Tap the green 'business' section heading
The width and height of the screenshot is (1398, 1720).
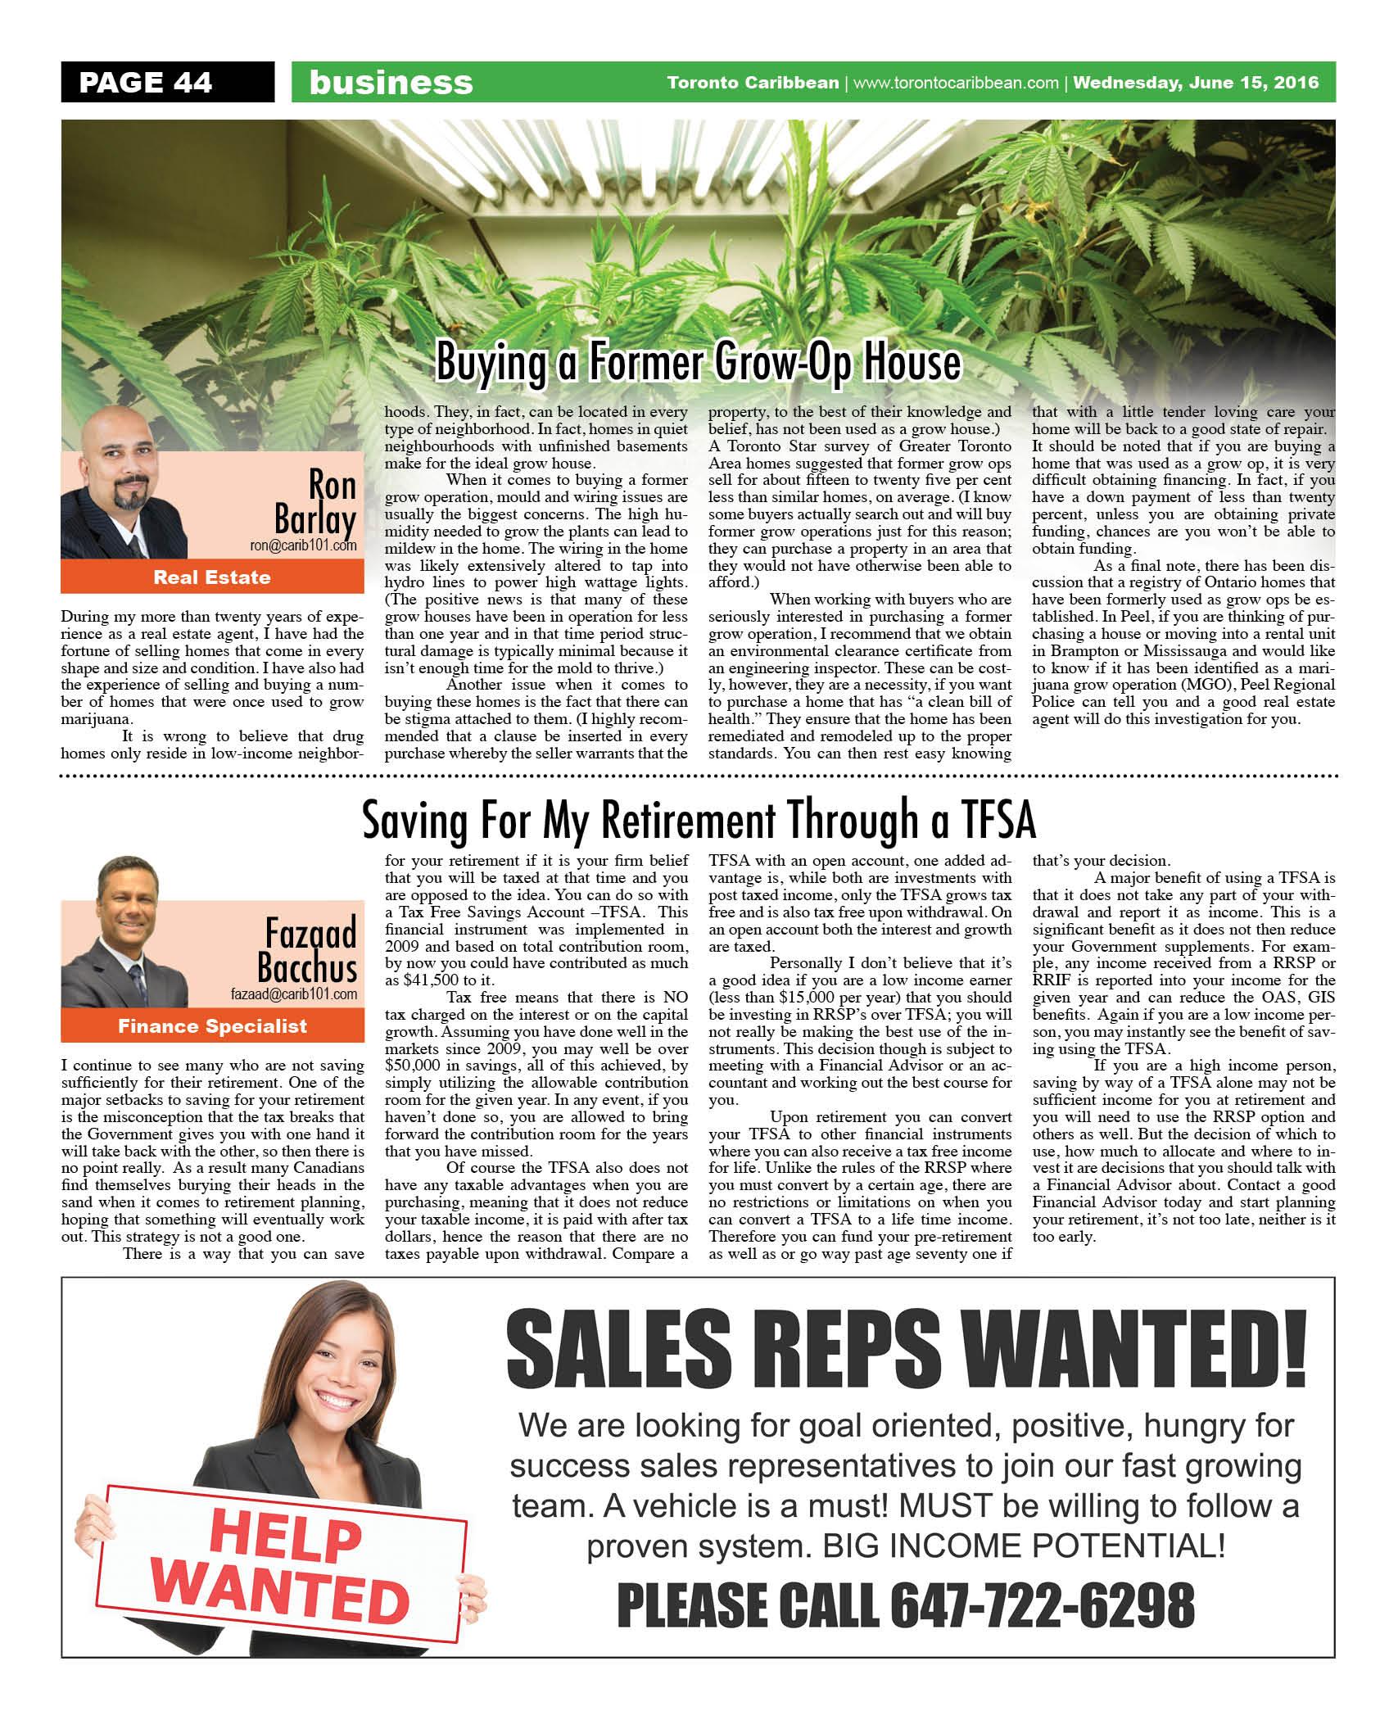(391, 83)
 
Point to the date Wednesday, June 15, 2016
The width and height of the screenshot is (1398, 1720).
(1196, 83)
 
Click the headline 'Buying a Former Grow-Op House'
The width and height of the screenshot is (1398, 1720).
(698, 362)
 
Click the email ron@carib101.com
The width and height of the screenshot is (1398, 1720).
(303, 545)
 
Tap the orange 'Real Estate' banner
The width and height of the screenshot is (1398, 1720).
(212, 577)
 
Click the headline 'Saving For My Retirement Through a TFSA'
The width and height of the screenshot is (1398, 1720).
(699, 821)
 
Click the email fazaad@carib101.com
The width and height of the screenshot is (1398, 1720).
(293, 994)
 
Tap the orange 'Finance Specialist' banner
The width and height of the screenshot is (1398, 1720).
(212, 1026)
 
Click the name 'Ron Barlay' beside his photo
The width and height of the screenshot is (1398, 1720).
(316, 502)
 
